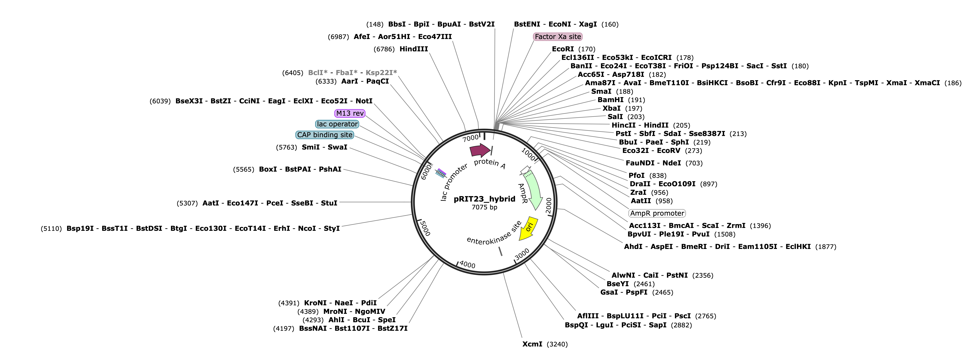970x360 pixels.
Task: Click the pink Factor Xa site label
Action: point(558,37)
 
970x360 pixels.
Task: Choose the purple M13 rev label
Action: point(350,113)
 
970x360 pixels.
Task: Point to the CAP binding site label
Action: point(325,135)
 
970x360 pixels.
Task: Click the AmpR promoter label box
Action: point(657,213)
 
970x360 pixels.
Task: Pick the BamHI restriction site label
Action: point(610,100)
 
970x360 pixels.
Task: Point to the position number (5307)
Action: point(187,203)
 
